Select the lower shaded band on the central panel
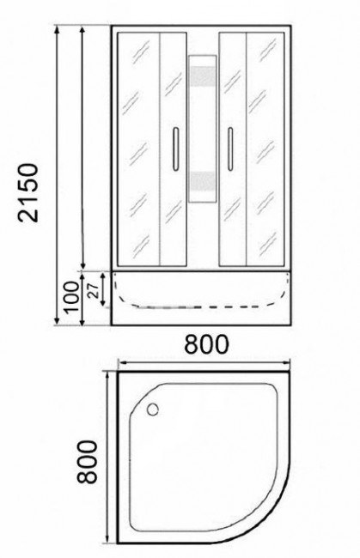click(x=203, y=182)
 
